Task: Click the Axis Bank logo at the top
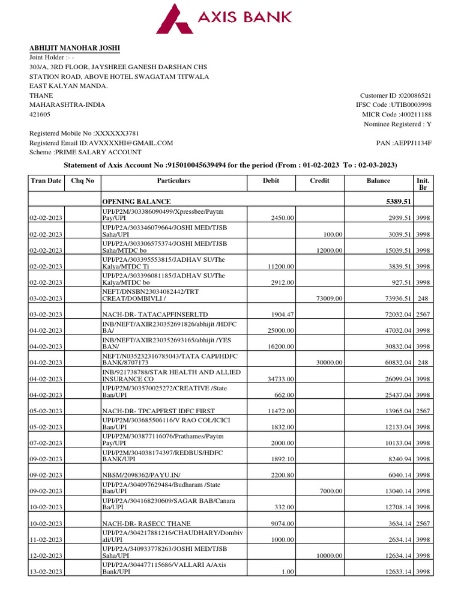pos(224,18)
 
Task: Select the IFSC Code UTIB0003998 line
pos(393,105)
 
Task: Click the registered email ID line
pos(101,143)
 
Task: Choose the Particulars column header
pos(173,181)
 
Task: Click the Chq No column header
pos(82,181)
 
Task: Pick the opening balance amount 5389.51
pos(397,202)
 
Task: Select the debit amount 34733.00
pos(280,379)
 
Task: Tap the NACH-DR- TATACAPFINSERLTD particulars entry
pos(156,314)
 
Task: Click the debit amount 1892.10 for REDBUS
pos(280,459)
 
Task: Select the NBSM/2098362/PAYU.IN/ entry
pos(140,475)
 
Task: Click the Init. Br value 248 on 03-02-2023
pos(423,298)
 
